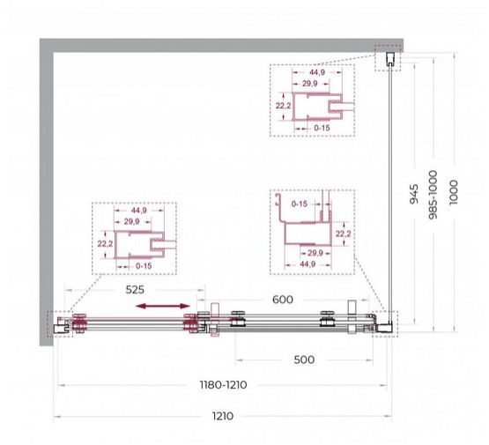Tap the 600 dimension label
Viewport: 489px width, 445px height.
(x=282, y=300)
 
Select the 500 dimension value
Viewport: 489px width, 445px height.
(x=303, y=360)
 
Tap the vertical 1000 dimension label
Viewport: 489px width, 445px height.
(x=453, y=188)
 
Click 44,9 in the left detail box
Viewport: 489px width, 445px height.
(x=136, y=211)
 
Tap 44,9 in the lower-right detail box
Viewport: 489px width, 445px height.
(x=307, y=263)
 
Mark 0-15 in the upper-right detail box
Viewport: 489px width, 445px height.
(x=322, y=127)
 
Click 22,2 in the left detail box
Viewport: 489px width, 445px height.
(x=105, y=242)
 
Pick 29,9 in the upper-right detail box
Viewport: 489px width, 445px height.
(x=310, y=84)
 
